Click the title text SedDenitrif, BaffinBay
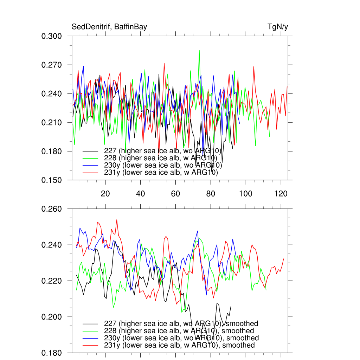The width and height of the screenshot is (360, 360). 109,27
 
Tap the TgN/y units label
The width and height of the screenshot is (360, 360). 278,27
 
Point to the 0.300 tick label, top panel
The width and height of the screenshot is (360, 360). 52,36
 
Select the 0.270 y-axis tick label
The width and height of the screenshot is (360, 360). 52,65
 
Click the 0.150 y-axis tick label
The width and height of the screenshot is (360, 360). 52,180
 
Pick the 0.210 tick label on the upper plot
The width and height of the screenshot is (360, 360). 52,123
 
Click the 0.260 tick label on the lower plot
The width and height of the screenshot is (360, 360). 52,209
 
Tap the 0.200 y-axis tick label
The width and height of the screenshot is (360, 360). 52,317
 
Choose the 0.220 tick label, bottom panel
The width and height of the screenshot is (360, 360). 52,281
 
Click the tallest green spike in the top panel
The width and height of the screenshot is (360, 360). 199,51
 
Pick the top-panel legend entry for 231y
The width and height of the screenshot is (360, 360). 161,173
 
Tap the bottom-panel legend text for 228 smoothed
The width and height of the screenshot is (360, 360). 179,331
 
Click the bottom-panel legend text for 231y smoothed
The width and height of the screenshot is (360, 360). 179,345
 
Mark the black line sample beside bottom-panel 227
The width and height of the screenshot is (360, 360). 91,323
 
